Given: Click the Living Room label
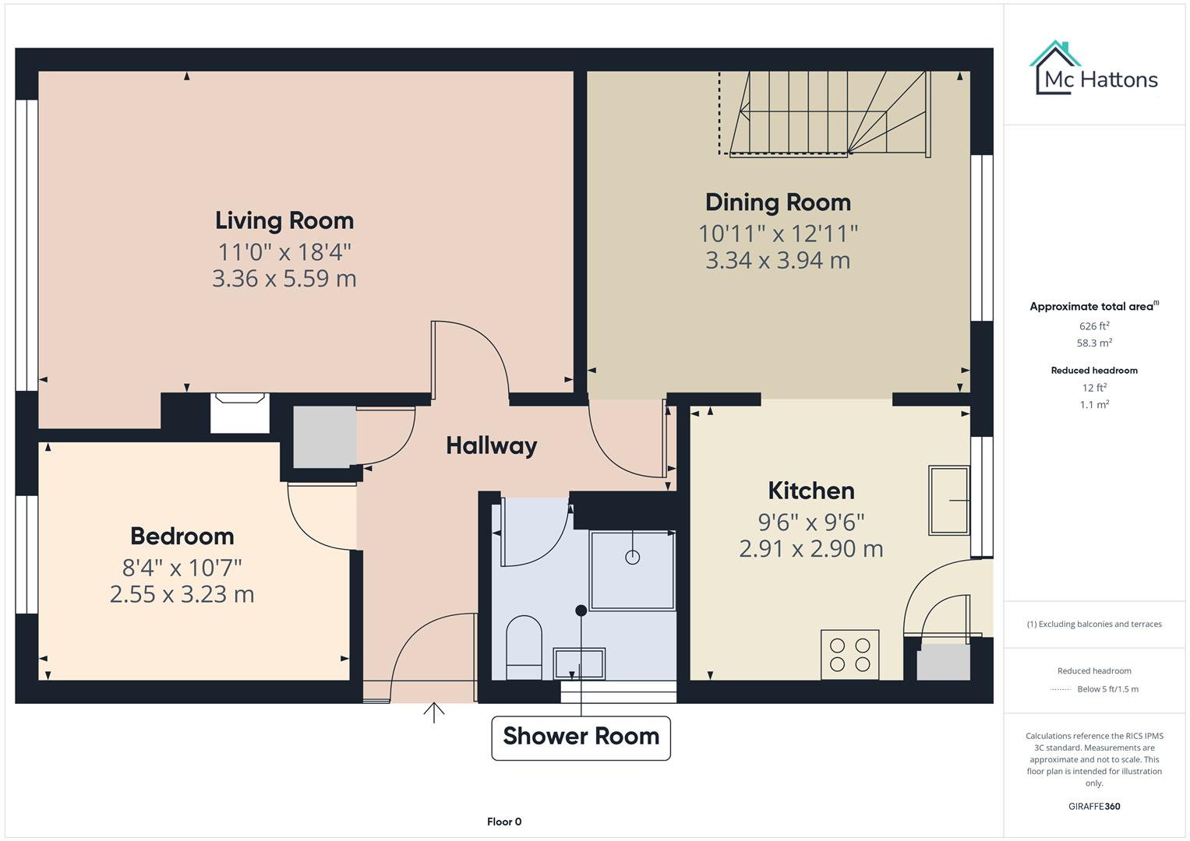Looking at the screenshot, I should tap(284, 220).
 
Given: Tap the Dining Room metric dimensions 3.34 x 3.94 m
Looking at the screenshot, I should tap(777, 260).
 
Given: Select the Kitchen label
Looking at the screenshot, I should tap(810, 491).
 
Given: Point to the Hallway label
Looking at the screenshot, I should tap(491, 445).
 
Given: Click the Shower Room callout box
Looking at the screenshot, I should tap(581, 737).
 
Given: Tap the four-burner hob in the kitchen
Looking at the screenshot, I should tap(849, 655).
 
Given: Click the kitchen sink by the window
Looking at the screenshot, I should tap(948, 500).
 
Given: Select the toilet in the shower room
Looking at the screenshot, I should tap(524, 647).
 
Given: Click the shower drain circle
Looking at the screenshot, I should tap(632, 557).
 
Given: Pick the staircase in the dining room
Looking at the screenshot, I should tap(826, 115).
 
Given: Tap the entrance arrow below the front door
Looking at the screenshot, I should tap(434, 712).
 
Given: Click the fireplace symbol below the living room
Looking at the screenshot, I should tap(240, 413).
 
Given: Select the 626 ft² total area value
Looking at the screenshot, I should tap(1093, 326).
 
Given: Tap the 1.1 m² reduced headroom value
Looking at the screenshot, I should tap(1093, 404).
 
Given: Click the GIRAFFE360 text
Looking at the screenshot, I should tap(1093, 806).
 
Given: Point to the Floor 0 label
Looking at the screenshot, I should tap(503, 822).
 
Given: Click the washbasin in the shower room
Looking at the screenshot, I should tap(579, 664).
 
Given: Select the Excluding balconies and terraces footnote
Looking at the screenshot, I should tap(1093, 624).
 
